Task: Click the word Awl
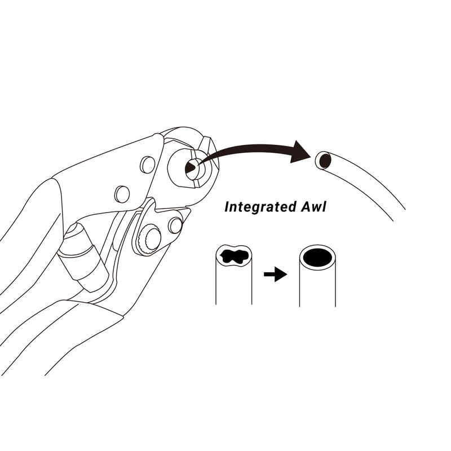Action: (x=311, y=207)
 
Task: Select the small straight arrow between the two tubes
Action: (x=275, y=275)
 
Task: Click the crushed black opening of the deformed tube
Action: (x=234, y=257)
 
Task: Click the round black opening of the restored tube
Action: (x=317, y=258)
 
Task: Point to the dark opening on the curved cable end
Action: (x=325, y=161)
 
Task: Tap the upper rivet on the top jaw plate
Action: (x=148, y=165)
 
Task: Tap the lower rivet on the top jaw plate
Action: (x=122, y=194)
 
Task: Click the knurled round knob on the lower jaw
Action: (x=151, y=238)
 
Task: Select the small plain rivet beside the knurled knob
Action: (x=175, y=225)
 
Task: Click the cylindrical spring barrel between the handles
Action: (x=85, y=254)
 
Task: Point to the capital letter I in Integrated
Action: (x=227, y=207)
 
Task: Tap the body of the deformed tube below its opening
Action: (x=233, y=288)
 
